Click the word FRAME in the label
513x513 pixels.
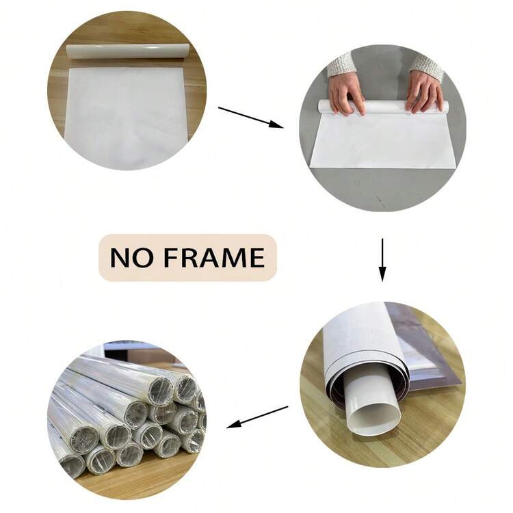[213, 257]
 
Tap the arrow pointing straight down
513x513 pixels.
[382, 260]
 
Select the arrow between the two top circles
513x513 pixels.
[250, 117]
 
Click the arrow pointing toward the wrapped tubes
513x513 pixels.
[257, 417]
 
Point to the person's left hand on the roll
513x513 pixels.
[425, 92]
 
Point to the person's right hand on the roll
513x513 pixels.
[347, 92]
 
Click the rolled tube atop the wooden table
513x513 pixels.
[128, 51]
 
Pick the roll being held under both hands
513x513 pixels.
[383, 107]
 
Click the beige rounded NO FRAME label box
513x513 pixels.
[188, 257]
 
